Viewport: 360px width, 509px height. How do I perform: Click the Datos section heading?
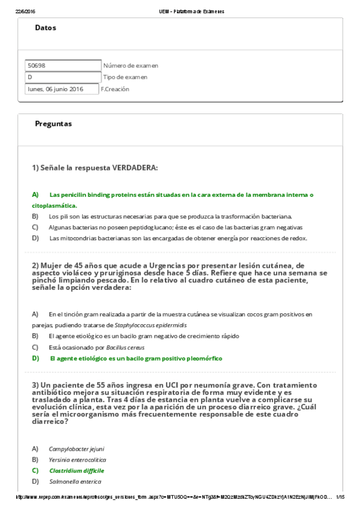pos(46,28)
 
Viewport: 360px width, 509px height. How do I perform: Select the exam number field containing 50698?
pos(63,65)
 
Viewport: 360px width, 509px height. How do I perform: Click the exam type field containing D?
pos(63,77)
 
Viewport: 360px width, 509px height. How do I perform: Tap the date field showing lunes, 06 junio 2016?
pos(62,89)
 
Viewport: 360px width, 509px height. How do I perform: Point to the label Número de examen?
pos(131,65)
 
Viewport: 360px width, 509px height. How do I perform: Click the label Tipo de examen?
pos(125,77)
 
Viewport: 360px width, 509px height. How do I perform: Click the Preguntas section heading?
pos(53,124)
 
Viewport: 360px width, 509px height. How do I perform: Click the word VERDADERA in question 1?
pos(135,167)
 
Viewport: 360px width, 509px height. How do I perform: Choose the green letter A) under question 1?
pos(35,194)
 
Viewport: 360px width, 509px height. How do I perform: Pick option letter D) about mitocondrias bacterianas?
pos(35,238)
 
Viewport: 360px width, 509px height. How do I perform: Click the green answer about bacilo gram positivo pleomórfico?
pos(135,358)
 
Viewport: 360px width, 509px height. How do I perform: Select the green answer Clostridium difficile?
pos(76,471)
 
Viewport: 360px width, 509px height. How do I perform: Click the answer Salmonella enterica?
pos(75,481)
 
